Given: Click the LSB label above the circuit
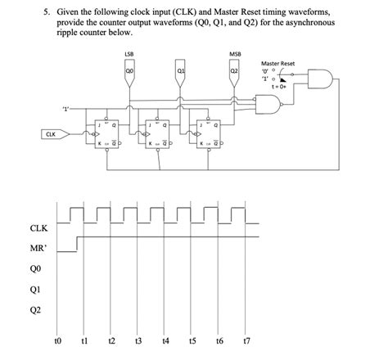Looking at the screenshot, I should pyautogui.click(x=129, y=55).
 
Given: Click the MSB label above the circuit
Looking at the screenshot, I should pyautogui.click(x=235, y=55).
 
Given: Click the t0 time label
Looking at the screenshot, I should pyautogui.click(x=56, y=340).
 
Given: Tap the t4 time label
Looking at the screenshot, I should pyautogui.click(x=166, y=340).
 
